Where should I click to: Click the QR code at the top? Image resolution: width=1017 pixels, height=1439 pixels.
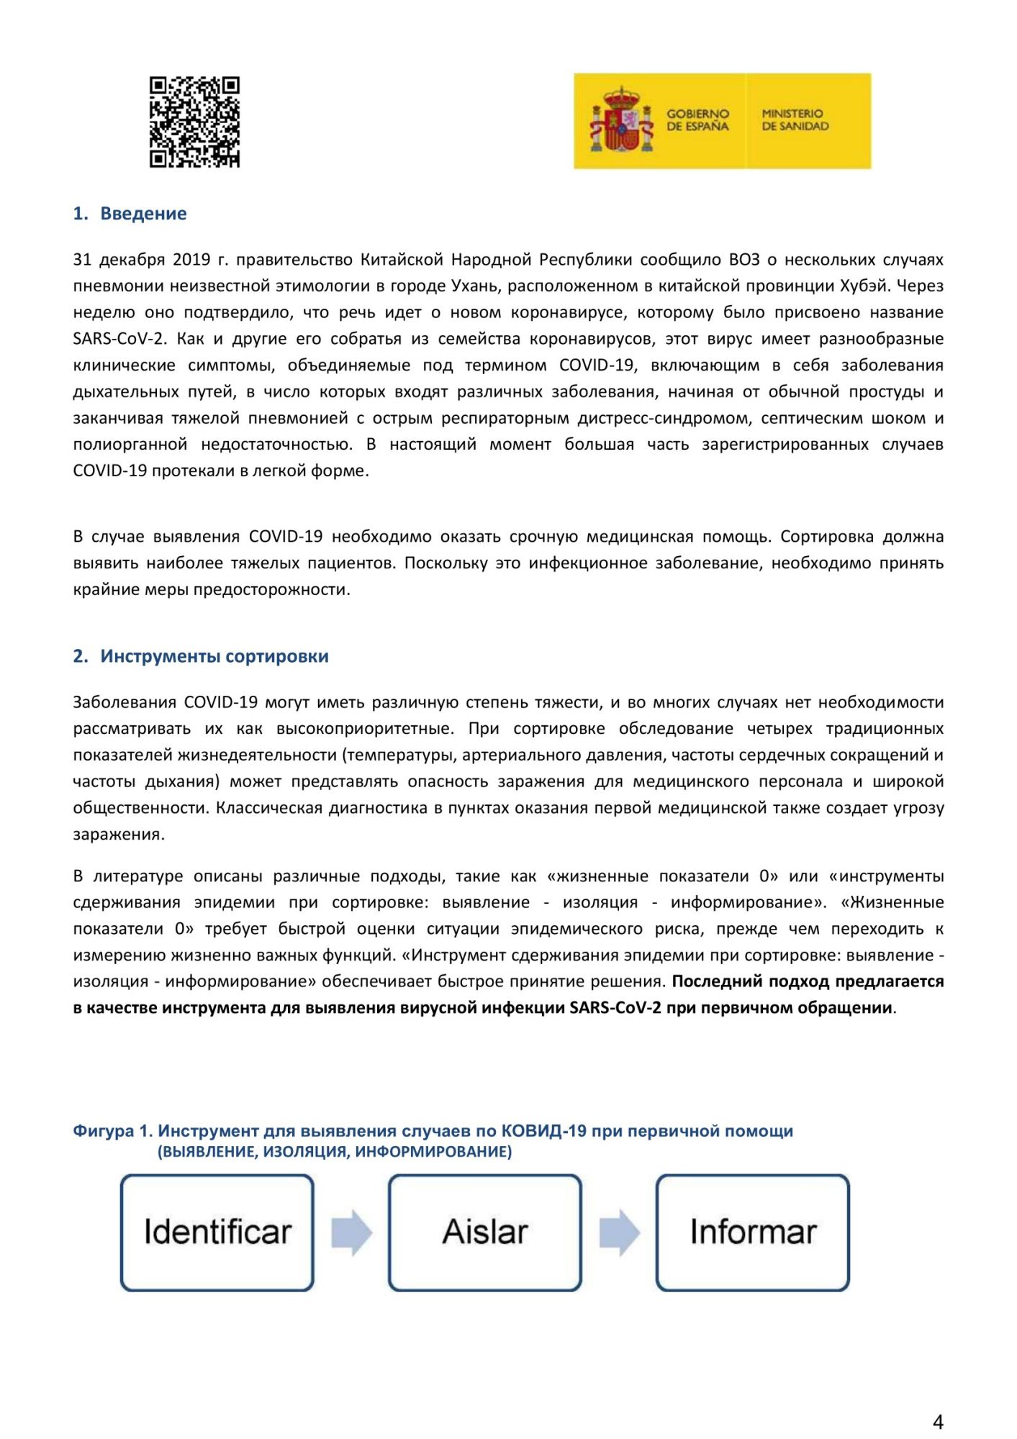(x=194, y=122)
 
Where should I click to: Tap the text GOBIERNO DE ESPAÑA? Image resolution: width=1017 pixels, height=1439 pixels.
(x=697, y=120)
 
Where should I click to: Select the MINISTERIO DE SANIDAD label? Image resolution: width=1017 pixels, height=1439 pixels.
(x=795, y=120)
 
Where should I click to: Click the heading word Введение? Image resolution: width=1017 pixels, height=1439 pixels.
(x=143, y=214)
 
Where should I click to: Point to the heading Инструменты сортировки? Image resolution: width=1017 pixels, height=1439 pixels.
(x=214, y=656)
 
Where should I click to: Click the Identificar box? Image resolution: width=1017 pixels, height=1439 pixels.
(x=217, y=1233)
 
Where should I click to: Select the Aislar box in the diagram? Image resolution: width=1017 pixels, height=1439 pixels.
(x=485, y=1233)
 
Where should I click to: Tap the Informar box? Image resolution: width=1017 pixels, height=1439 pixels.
(x=753, y=1233)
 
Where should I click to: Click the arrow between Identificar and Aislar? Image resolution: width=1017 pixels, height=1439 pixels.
(x=351, y=1233)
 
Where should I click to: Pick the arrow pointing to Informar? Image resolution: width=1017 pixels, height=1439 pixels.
(x=619, y=1233)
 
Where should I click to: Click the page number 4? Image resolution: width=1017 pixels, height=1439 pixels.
(x=938, y=1422)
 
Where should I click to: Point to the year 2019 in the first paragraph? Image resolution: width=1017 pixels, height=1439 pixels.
(x=191, y=260)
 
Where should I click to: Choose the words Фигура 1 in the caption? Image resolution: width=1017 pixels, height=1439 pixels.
(x=112, y=1131)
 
